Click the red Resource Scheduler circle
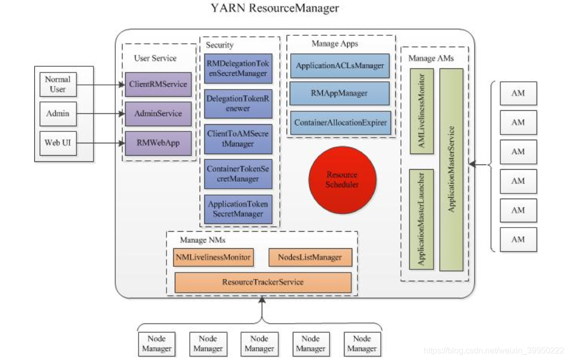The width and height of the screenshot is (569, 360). pos(342,179)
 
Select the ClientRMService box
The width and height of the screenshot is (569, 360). pos(158,84)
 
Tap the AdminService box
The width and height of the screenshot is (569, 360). pos(158,113)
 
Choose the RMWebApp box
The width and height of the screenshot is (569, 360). pos(158,143)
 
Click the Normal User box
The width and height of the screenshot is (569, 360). pos(57,84)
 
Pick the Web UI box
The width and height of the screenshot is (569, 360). pos(57,142)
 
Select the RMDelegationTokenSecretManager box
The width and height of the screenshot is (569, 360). pos(238,68)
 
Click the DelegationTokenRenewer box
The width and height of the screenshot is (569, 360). pos(238,103)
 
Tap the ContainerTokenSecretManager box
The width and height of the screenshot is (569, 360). pos(238,174)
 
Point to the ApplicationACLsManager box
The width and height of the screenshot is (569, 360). pos(340,66)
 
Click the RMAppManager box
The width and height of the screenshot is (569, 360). pos(340,94)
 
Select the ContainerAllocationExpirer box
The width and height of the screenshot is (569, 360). pos(340,123)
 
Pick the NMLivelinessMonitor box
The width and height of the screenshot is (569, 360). pos(213,257)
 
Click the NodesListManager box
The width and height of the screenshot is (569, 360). pos(310,257)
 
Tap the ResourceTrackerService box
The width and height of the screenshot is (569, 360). pos(263,282)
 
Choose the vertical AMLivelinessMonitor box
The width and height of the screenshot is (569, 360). pos(422,111)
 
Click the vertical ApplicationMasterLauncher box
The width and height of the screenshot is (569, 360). pos(422,219)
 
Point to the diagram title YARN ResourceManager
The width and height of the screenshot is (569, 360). pos(275,8)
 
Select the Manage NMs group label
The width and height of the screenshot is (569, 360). pos(202,240)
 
